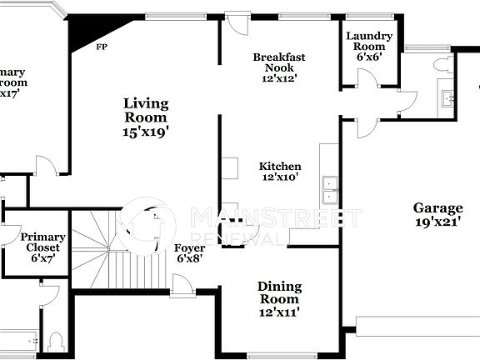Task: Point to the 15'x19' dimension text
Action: pyautogui.click(x=146, y=131)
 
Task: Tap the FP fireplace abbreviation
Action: pyautogui.click(x=102, y=47)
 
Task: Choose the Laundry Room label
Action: pyautogui.click(x=369, y=42)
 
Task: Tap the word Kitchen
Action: pyautogui.click(x=280, y=166)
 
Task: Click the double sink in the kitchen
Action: pyautogui.click(x=330, y=191)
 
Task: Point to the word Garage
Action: pyautogui.click(x=437, y=208)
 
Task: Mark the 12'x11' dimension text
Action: pyautogui.click(x=280, y=312)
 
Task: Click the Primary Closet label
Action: pyautogui.click(x=43, y=242)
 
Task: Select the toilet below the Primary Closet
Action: pyautogui.click(x=57, y=342)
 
